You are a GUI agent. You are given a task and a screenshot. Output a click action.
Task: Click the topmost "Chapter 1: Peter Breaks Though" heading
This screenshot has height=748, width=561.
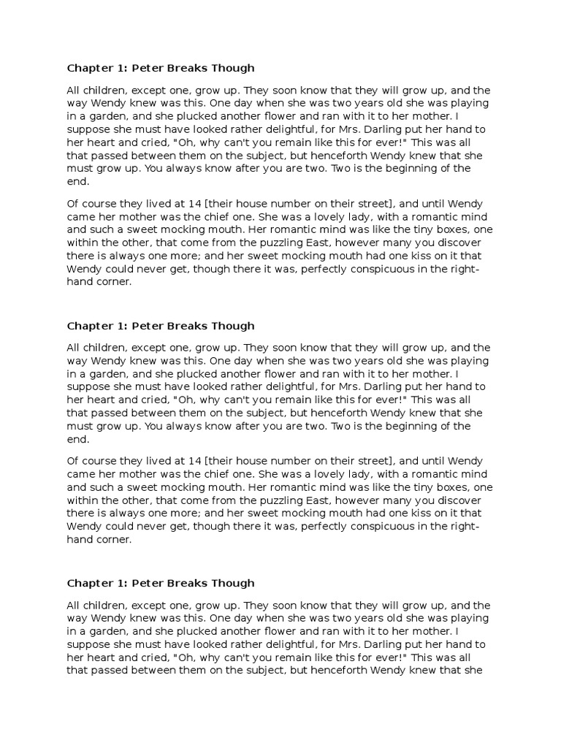click(x=161, y=68)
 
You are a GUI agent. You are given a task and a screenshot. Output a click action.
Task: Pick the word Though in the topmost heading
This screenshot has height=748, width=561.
click(x=230, y=68)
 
